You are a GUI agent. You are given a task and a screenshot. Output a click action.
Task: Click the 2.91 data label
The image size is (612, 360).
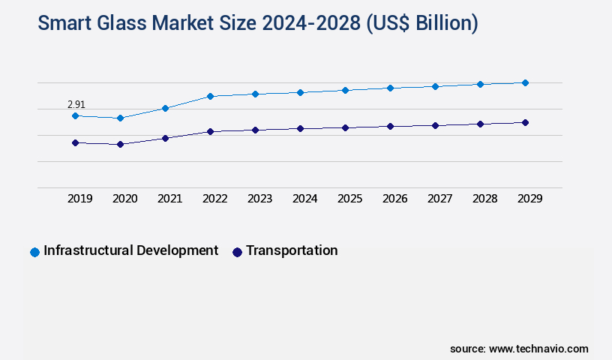pos(76,104)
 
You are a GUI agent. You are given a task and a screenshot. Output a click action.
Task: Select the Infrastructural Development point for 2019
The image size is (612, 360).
pos(75,115)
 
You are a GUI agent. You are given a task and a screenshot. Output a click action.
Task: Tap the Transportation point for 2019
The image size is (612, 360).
pos(75,142)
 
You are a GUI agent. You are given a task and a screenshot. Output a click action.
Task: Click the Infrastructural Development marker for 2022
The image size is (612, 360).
pos(210,96)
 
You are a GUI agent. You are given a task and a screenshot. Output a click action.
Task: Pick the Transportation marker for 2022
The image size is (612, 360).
pos(210,131)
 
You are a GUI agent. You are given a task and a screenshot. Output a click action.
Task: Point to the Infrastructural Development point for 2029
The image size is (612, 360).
pos(525,82)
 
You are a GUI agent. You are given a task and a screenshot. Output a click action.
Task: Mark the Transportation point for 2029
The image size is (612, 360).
pos(525,122)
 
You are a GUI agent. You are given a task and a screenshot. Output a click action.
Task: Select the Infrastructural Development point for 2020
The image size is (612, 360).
pos(120,118)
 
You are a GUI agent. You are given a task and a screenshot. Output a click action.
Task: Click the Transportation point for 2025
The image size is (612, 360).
pos(345,127)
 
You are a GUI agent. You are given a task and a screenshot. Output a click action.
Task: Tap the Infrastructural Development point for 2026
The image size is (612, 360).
pos(390,88)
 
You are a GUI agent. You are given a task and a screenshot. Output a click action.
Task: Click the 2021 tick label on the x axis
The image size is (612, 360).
pos(169,199)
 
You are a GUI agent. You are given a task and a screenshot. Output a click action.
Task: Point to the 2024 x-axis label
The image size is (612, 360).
pos(304,199)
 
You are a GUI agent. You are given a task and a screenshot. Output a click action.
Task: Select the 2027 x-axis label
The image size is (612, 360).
pos(439,199)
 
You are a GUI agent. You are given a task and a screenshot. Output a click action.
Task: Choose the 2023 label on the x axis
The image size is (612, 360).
pos(259,199)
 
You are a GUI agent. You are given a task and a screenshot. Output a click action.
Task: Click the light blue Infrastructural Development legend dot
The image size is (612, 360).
pos(34,252)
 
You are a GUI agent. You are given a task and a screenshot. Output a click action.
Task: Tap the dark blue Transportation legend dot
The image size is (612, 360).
pos(237,252)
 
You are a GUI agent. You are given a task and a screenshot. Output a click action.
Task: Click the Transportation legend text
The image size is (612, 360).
pos(291,250)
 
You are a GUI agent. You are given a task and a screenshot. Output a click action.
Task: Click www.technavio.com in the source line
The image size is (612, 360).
pos(538,349)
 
